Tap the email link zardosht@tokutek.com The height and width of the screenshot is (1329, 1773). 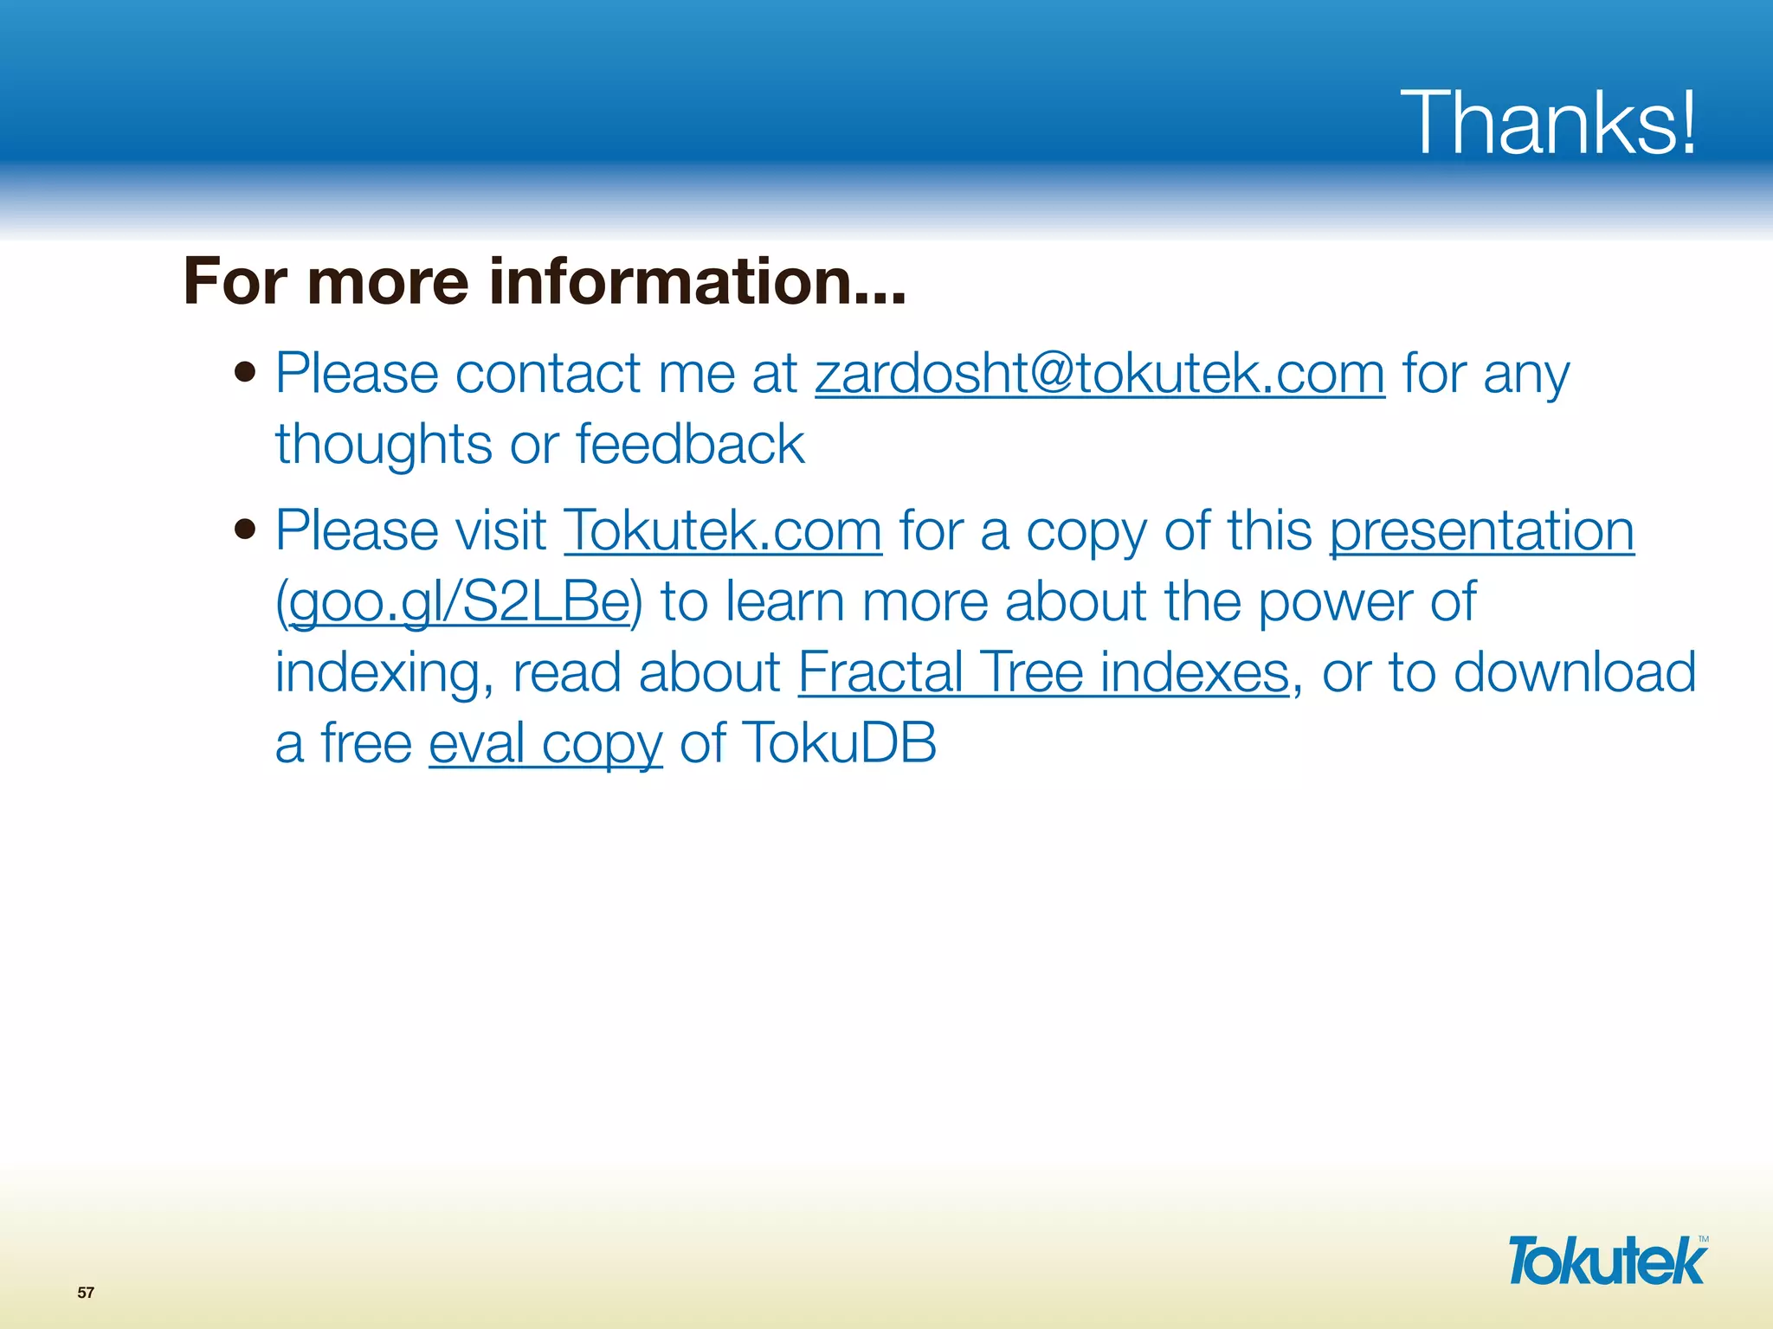click(x=1099, y=374)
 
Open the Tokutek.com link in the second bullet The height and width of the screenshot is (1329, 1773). click(x=723, y=530)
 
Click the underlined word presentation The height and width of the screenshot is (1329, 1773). click(x=1481, y=530)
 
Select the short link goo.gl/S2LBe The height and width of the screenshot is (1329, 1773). click(x=459, y=601)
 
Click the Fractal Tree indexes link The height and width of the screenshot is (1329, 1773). click(x=1043, y=672)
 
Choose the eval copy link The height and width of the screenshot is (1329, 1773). click(x=545, y=743)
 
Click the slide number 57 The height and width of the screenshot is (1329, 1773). click(x=86, y=1293)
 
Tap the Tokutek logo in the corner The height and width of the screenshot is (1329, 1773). click(x=1606, y=1261)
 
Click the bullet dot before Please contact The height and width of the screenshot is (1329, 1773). click(x=246, y=373)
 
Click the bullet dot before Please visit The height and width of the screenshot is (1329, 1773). click(x=246, y=529)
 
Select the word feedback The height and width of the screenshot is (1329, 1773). click(x=690, y=444)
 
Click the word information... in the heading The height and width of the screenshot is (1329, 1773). click(x=697, y=281)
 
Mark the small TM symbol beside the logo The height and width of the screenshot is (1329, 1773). click(x=1703, y=1239)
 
